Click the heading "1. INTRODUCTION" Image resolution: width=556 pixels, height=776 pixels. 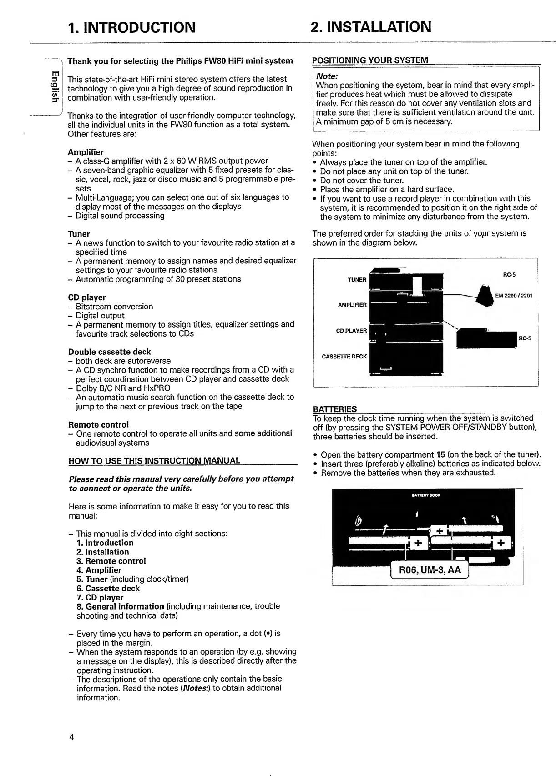(x=131, y=27)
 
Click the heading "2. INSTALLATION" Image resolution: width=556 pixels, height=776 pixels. (x=370, y=27)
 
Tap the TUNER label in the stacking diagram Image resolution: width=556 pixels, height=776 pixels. (x=357, y=280)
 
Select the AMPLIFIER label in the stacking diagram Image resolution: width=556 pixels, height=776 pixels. (x=352, y=305)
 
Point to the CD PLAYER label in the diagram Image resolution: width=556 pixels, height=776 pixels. (x=351, y=331)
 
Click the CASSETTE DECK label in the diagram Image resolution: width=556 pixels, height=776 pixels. (x=344, y=357)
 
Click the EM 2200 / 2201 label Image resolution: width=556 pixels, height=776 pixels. (x=514, y=296)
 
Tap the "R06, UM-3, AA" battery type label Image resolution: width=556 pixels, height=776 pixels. (x=430, y=570)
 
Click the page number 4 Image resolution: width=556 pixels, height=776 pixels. (x=71, y=737)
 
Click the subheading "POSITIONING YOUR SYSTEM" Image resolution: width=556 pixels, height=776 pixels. (x=370, y=60)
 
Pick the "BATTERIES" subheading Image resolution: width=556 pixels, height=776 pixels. (x=335, y=409)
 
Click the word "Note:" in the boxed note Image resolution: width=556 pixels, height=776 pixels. (x=327, y=76)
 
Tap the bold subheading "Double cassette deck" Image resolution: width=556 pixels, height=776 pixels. (x=109, y=352)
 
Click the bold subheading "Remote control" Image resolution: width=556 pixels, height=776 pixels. (x=98, y=424)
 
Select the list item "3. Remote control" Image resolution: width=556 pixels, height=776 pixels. (x=111, y=561)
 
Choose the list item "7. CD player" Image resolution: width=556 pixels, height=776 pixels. (x=100, y=597)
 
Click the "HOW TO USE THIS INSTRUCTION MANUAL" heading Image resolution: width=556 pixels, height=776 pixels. (x=154, y=460)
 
